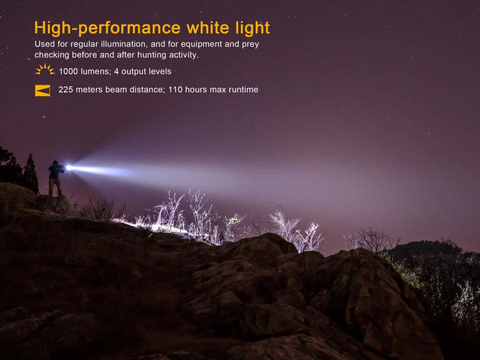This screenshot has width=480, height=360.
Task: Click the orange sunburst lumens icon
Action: click(x=44, y=69)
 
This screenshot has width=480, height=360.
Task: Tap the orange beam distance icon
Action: click(x=42, y=90)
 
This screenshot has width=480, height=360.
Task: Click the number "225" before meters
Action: click(x=65, y=90)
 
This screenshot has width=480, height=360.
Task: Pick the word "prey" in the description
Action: click(x=251, y=44)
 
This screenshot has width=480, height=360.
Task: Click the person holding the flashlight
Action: click(x=55, y=177)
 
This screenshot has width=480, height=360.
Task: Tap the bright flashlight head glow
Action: click(x=69, y=168)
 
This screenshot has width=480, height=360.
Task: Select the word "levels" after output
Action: click(x=160, y=71)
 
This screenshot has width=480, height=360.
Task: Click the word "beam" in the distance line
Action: click(x=115, y=90)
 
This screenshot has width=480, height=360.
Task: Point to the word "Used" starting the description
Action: click(x=41, y=44)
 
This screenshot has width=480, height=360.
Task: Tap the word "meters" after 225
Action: click(x=89, y=90)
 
